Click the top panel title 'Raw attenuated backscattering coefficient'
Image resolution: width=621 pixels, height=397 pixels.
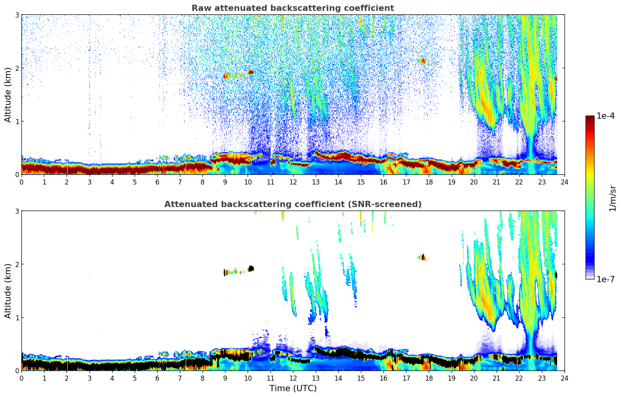click(x=292, y=8)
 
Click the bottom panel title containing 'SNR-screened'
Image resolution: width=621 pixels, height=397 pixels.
click(x=292, y=204)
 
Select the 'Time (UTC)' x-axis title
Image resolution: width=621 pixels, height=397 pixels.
click(x=293, y=388)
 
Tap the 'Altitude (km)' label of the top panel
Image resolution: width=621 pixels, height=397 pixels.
click(x=8, y=95)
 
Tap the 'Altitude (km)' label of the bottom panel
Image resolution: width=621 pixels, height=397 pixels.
click(x=8, y=291)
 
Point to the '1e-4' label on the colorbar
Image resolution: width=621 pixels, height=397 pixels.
click(x=605, y=116)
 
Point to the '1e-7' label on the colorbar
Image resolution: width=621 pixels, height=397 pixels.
click(x=605, y=279)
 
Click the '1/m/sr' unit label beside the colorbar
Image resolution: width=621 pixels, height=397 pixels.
click(x=612, y=198)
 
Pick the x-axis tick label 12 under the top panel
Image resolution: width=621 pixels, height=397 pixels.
click(x=293, y=182)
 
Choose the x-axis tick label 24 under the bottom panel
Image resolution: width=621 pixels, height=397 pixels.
click(x=564, y=378)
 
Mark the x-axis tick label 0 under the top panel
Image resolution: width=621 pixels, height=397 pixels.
click(x=21, y=182)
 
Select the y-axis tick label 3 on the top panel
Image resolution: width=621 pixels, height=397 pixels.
click(x=17, y=15)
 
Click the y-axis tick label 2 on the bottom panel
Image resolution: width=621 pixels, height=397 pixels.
click(x=17, y=264)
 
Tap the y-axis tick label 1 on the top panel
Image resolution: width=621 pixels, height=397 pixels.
click(x=17, y=121)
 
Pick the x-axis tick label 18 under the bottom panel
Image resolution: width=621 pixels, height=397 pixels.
click(x=429, y=378)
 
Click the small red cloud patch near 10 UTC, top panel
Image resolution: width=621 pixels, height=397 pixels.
click(x=251, y=72)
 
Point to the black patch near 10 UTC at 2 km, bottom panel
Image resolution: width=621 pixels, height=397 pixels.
click(x=251, y=268)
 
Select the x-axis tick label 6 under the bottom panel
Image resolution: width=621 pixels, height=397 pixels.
click(x=157, y=378)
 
